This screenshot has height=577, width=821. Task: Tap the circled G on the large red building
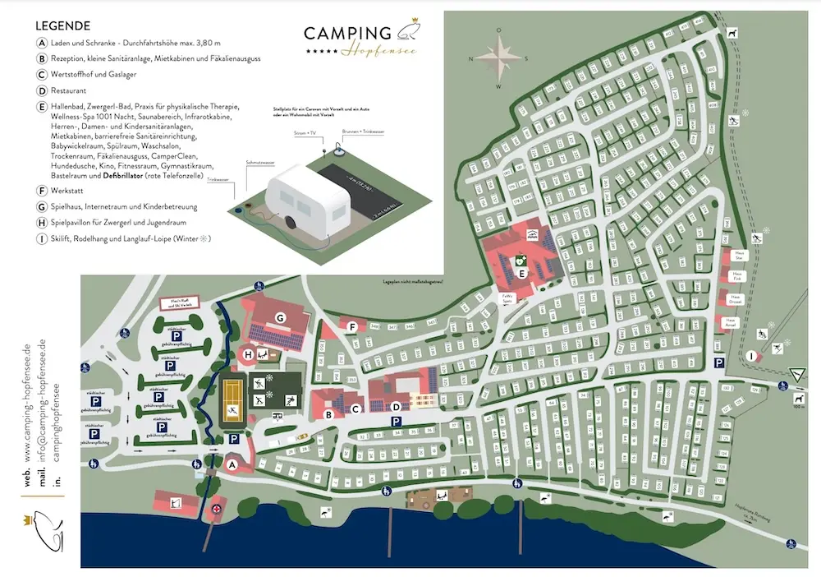click(280, 316)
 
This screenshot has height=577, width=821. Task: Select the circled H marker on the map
click(247, 355)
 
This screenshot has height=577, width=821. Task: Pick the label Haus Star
click(738, 256)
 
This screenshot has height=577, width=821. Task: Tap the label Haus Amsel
click(730, 321)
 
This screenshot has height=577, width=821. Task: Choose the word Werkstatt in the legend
click(68, 189)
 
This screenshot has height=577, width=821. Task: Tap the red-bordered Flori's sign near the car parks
click(181, 303)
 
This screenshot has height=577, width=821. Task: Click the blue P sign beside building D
click(396, 422)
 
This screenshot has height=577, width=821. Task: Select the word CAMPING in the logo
click(347, 34)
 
